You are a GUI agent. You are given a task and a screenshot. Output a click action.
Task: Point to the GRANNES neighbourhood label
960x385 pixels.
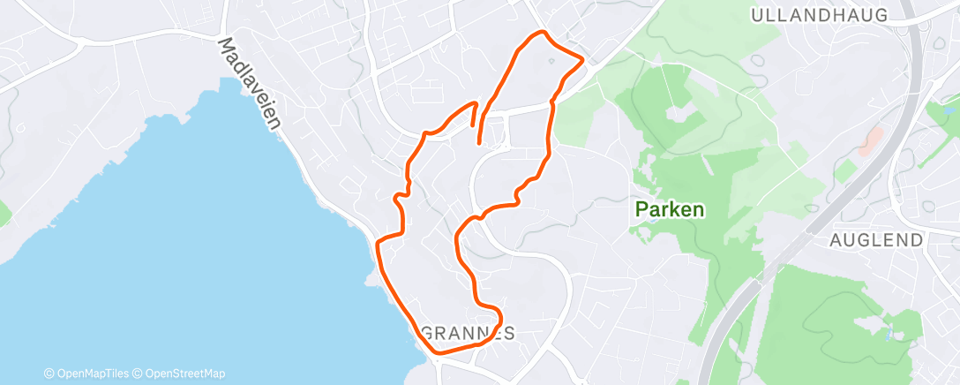pos(468,334)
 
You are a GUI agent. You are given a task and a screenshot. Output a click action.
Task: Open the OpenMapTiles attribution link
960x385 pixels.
pos(89,374)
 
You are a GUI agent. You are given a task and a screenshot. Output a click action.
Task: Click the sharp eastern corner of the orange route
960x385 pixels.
pos(583,61)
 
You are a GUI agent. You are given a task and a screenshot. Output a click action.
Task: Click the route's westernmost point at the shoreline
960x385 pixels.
pos(378,241)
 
